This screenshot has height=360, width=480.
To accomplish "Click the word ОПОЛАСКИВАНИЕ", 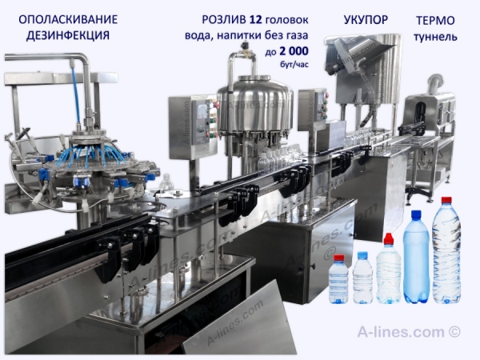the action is click(x=68, y=19).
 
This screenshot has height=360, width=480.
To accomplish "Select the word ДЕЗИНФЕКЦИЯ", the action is click(x=68, y=35).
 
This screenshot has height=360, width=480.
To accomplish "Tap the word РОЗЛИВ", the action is click(x=224, y=19).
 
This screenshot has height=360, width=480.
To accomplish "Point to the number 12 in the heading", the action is click(x=256, y=19).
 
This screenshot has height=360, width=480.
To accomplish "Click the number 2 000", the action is click(x=294, y=51).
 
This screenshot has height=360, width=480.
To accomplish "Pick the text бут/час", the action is click(x=294, y=64).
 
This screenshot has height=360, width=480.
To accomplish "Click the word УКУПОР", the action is click(x=366, y=20).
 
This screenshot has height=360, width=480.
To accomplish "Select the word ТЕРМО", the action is click(x=435, y=21).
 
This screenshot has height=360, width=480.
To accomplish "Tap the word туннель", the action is click(x=435, y=37).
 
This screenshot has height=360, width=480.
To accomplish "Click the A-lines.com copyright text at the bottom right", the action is click(x=409, y=331).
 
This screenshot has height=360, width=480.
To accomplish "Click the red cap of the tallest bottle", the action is click(x=446, y=200).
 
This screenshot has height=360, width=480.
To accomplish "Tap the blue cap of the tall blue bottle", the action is click(x=416, y=214).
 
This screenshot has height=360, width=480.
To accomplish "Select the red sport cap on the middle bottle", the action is click(x=389, y=238).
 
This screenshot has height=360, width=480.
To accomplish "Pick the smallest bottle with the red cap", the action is click(x=338, y=279).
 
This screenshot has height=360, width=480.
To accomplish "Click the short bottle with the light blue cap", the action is click(x=362, y=278).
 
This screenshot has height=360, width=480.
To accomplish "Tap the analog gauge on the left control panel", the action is click(x=201, y=112).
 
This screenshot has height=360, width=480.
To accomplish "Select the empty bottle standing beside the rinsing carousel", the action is click(x=167, y=184).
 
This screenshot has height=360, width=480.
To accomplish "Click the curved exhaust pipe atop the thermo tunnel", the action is click(x=434, y=83).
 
